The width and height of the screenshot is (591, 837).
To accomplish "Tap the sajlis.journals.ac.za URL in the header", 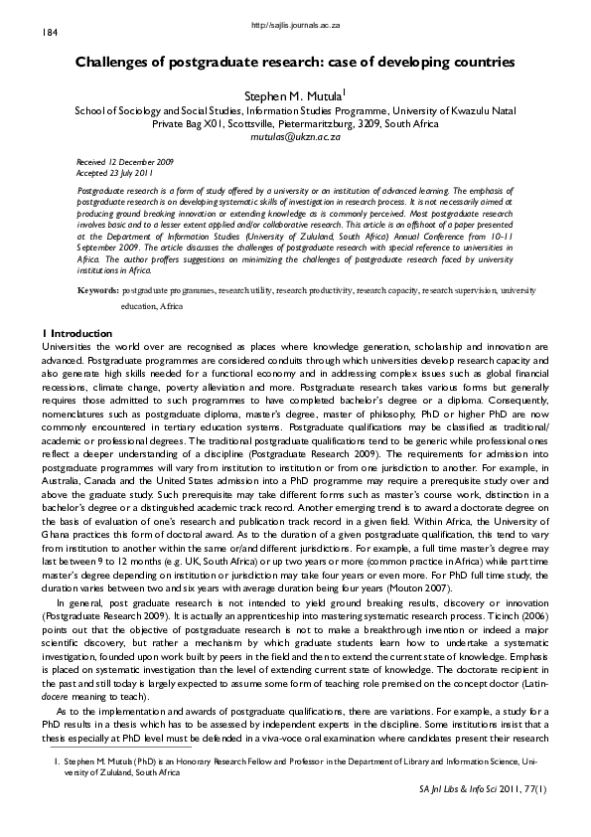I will click(294, 22).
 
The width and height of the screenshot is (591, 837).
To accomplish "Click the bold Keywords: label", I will click(98, 262).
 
